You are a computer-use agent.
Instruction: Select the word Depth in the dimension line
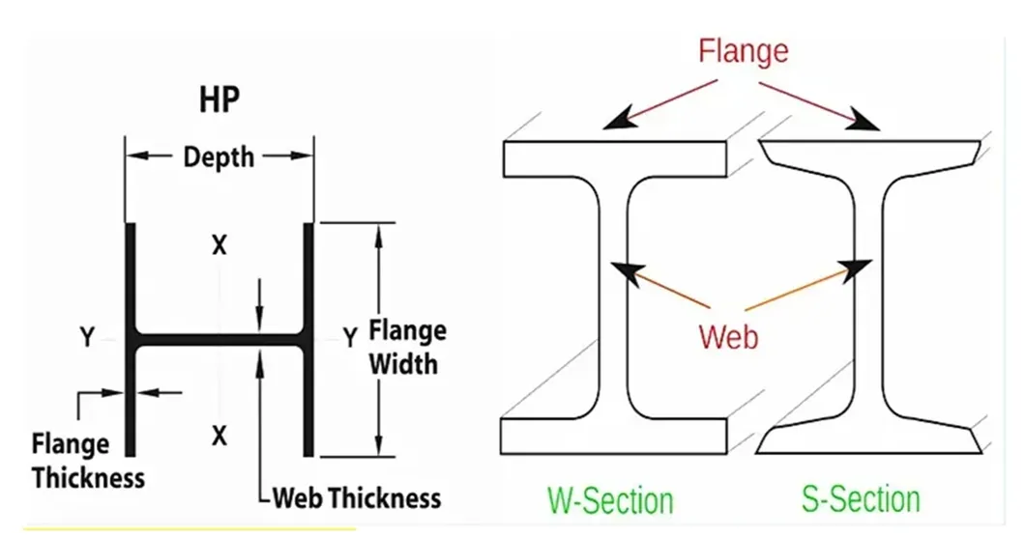coord(219,155)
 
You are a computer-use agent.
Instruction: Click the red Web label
coord(728,336)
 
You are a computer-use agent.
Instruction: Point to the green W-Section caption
coord(610,500)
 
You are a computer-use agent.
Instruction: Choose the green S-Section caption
coord(861,498)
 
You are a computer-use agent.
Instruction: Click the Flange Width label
coord(408,347)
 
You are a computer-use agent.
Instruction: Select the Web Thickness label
coord(356,498)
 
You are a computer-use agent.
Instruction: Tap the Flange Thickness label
coord(87,461)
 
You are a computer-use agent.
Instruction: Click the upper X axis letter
coord(220,245)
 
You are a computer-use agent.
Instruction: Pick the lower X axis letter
coord(220,436)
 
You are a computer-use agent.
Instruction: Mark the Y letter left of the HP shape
coord(87,337)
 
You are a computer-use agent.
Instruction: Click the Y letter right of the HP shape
coord(350,337)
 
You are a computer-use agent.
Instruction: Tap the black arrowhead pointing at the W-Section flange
coord(614,121)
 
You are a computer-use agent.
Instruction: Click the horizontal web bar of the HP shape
coord(220,340)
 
